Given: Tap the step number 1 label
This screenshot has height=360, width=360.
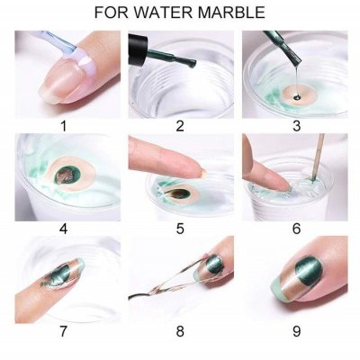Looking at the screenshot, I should [63, 126].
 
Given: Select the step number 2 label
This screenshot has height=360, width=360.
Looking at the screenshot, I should [180, 126].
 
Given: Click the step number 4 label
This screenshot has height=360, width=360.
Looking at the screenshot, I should [63, 229].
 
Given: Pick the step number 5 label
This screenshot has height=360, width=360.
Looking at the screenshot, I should [180, 229].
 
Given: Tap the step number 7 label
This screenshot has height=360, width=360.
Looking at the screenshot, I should [63, 330].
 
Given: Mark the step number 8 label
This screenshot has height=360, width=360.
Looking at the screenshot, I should [180, 330].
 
